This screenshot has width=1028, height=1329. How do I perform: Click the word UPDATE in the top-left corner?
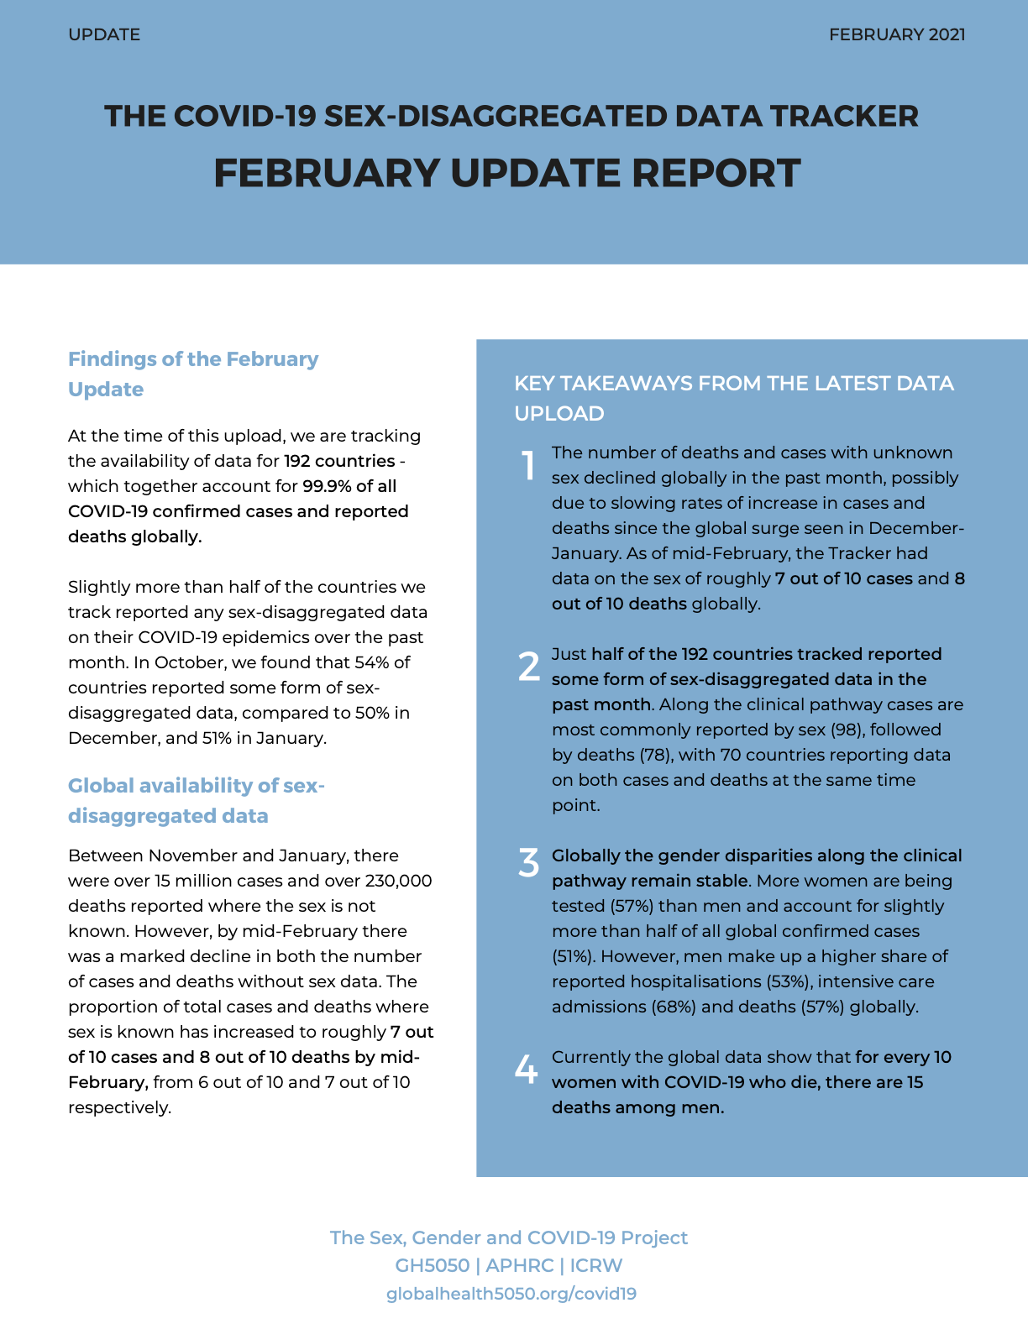(x=104, y=34)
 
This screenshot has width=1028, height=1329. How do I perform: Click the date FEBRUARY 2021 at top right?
(x=896, y=34)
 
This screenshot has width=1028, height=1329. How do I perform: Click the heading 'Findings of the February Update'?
(x=193, y=374)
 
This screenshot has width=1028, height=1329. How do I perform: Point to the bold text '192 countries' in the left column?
(x=339, y=461)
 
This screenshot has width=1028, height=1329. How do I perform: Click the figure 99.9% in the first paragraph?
(x=328, y=486)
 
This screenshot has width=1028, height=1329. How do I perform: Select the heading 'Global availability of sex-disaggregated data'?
(x=196, y=800)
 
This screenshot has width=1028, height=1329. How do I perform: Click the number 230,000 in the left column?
(x=398, y=881)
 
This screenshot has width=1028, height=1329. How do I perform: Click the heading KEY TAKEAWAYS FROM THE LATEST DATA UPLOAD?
(x=733, y=398)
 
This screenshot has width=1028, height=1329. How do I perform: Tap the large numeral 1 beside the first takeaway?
(x=528, y=465)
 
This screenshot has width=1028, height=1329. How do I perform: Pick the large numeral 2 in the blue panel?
(x=529, y=667)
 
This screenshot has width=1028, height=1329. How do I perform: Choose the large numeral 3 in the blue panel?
(x=528, y=863)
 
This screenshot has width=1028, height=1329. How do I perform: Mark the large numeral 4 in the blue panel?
(x=526, y=1069)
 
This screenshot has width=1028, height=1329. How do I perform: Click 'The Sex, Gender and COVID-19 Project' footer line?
(x=508, y=1237)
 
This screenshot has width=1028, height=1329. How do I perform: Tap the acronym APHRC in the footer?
(x=519, y=1265)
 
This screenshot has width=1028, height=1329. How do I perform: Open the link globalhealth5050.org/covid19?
(x=511, y=1294)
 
